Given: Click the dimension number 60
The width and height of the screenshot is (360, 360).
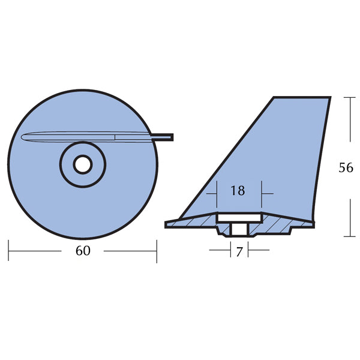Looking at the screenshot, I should pos(83,251).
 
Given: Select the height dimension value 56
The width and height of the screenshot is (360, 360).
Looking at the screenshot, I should pos(346,167).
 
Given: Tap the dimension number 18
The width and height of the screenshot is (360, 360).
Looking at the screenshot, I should pos(238,191).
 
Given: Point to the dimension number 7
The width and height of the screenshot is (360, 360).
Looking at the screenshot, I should pos(239,252).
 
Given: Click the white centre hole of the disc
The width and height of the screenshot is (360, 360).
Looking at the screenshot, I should pos(83,163).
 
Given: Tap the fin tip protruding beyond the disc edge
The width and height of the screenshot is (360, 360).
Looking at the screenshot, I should pos(166,137).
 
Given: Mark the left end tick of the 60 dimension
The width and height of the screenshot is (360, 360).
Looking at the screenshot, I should pos(9,251).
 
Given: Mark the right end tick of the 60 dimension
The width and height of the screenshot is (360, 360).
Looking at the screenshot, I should pos(157,251).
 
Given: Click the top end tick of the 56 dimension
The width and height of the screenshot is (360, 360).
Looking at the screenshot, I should pos(350,98).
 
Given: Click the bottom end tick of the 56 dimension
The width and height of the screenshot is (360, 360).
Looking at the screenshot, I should pos(350,236).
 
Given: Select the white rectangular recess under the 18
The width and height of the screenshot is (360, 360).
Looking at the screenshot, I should pos(238,216).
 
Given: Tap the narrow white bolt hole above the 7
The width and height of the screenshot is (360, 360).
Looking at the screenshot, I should pos(239,229).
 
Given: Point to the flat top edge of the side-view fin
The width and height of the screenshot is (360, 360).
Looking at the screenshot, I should pos(302,97).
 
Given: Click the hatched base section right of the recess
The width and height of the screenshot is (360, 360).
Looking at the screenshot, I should pos(282,224).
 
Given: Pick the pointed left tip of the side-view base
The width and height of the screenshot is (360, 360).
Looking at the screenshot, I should pos(167,225).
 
